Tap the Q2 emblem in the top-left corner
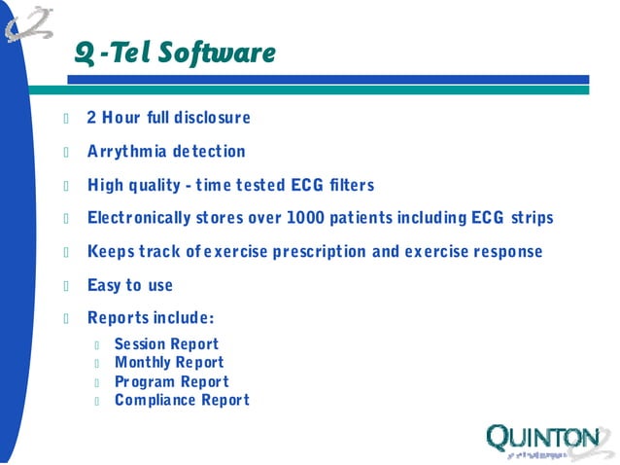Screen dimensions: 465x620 pyautogui.click(x=29, y=23)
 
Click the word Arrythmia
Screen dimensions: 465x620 pyautogui.click(x=127, y=152)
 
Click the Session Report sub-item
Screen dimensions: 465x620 pyautogui.click(x=166, y=344)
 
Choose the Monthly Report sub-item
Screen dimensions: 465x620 pyautogui.click(x=169, y=363)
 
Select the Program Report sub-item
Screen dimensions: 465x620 pyautogui.click(x=171, y=381)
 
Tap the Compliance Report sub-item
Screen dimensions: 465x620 pyautogui.click(x=182, y=400)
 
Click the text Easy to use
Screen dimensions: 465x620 pyautogui.click(x=129, y=285)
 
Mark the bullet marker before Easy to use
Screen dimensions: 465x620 pyautogui.click(x=67, y=286)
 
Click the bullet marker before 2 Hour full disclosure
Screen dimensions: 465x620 pyautogui.click(x=67, y=119)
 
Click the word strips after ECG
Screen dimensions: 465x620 pyautogui.click(x=530, y=218)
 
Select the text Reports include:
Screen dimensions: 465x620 pyautogui.click(x=150, y=318)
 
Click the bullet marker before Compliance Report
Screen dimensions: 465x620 pyautogui.click(x=98, y=401)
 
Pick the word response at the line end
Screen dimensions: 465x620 pyautogui.click(x=505, y=252)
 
